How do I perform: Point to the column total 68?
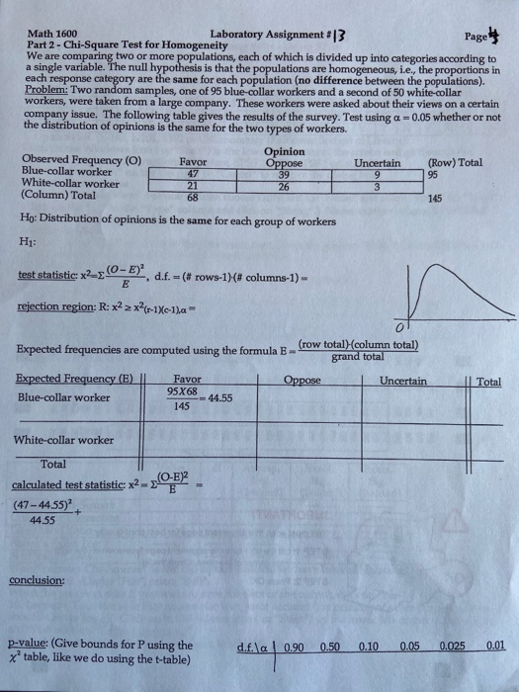193,196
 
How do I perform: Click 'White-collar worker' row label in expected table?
64,439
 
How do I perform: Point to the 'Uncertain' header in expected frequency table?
401,381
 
